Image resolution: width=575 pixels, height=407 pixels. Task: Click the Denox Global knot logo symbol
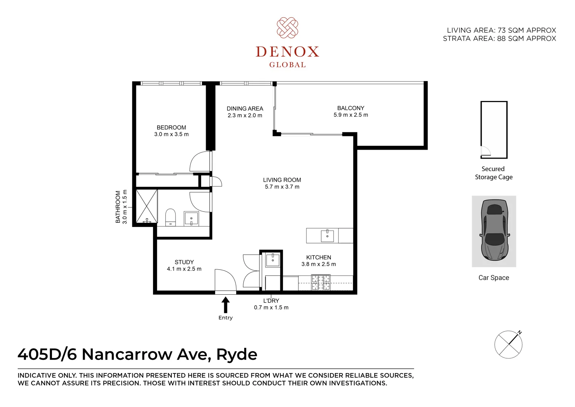[287, 28]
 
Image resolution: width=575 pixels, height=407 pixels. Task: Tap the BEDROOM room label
[171, 127]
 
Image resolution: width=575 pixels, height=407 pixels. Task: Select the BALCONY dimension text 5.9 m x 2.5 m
[350, 115]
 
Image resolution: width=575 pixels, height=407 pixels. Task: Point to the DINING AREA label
[245, 109]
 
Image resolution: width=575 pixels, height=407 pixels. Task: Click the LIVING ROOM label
[282, 180]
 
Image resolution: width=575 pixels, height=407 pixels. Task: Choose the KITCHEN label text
[318, 257]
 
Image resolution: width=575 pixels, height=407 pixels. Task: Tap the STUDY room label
[184, 262]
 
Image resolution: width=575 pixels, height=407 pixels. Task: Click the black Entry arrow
[225, 305]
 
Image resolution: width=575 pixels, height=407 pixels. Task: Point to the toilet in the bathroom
[170, 217]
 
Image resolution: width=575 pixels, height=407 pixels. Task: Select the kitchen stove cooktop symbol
[320, 282]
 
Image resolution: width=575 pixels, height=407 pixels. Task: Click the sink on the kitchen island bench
[327, 236]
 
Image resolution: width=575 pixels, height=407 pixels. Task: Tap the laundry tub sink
[272, 259]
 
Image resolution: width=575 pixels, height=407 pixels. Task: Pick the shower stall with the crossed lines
[146, 206]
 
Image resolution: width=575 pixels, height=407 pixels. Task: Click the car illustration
[494, 230]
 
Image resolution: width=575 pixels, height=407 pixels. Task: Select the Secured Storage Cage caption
[494, 173]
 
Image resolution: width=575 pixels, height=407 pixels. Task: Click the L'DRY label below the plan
[271, 301]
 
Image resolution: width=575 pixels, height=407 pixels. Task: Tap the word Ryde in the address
[237, 355]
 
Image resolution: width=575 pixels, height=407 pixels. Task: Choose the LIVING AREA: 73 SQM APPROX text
[501, 30]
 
